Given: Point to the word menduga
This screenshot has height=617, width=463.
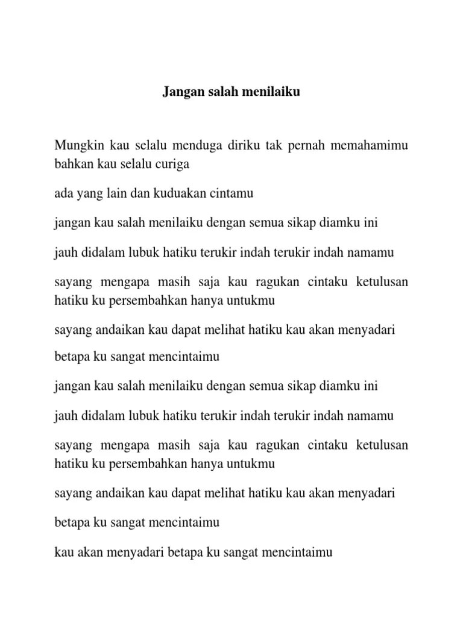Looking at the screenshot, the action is (x=197, y=146).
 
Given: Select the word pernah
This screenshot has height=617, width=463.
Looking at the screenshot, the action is (x=311, y=146).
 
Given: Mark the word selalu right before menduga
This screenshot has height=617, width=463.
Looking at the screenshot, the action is (x=148, y=146).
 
